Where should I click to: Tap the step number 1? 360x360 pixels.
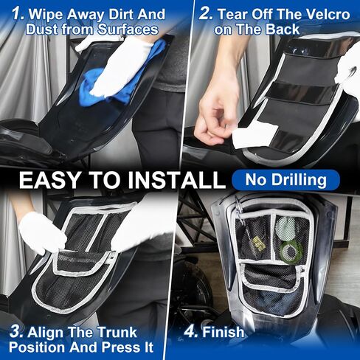18,13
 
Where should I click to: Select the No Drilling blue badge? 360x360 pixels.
285,180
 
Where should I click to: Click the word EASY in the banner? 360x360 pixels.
49,180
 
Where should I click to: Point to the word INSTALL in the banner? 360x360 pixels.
176,180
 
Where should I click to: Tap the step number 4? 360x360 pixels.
190,331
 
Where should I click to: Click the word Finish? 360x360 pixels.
224,332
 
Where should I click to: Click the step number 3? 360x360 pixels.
16,332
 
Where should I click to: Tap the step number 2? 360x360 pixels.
206,14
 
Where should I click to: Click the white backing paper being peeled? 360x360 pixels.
255,134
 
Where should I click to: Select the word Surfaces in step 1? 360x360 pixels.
128,30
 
